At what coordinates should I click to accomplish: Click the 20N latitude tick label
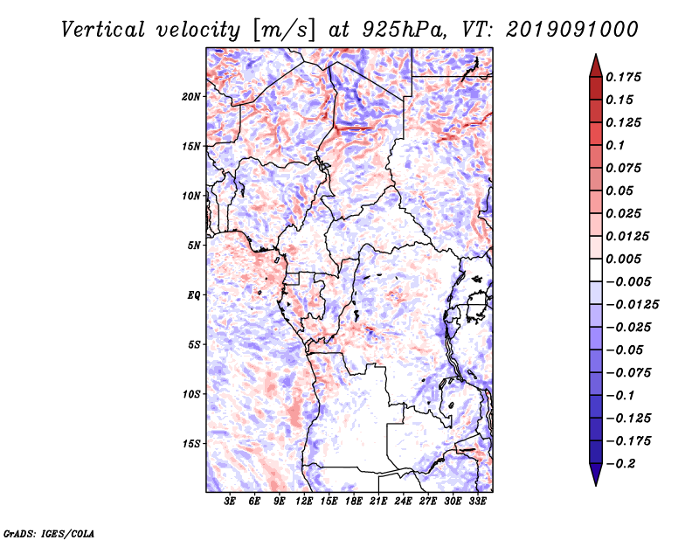point(191,97)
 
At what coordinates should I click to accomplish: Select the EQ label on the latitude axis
point(193,295)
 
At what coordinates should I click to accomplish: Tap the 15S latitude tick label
point(191,444)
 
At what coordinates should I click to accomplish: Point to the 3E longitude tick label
point(230,502)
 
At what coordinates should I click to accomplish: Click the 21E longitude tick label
point(378,502)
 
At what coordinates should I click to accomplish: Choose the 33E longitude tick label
point(477,502)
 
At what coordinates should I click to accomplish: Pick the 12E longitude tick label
point(303,502)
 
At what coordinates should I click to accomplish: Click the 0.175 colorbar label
point(623,77)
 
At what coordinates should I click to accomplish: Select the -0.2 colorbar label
point(620,464)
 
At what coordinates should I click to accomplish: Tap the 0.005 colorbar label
point(623,259)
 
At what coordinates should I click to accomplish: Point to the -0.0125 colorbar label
point(632,305)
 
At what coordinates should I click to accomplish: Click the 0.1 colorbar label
point(615,145)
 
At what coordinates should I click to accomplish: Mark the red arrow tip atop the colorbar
point(596,55)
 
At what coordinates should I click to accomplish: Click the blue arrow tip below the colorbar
point(596,485)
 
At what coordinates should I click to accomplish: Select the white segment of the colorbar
point(596,270)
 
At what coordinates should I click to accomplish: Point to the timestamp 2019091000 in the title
point(572,30)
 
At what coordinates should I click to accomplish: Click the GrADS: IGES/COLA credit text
point(49,533)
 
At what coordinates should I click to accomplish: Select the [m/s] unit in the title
point(285,30)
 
